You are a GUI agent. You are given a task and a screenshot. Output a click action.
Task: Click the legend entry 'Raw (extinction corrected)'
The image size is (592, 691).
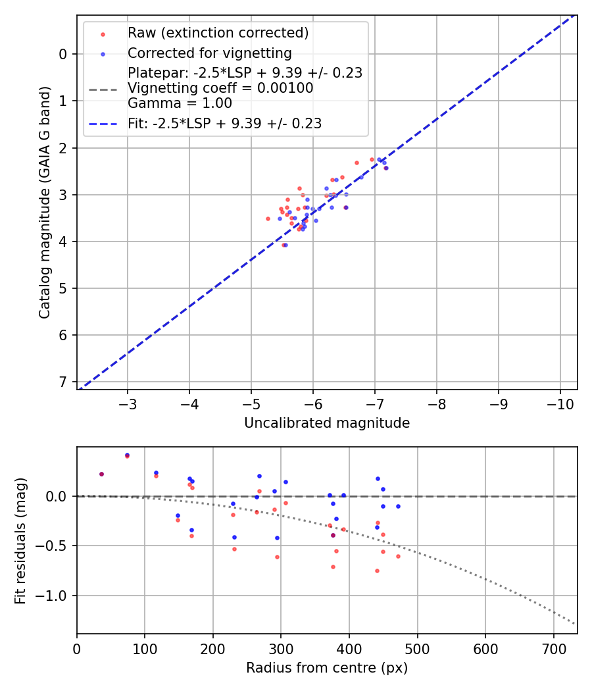(218, 33)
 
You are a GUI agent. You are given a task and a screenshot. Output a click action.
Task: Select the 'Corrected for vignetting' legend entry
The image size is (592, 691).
(209, 53)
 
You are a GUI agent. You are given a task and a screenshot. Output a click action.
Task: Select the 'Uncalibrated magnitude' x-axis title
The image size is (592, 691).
(327, 423)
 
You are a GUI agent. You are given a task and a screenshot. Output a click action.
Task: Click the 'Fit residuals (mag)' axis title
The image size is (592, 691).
(21, 540)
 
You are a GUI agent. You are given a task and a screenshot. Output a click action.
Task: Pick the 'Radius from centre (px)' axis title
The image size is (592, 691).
(327, 668)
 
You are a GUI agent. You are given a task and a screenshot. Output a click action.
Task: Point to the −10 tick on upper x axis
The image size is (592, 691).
(560, 402)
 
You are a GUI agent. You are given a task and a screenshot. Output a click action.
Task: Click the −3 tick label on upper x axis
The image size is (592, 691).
(128, 402)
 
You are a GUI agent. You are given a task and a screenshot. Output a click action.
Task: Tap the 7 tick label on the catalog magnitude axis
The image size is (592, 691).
(62, 382)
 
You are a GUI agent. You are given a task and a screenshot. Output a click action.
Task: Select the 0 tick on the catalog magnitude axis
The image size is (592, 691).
(62, 54)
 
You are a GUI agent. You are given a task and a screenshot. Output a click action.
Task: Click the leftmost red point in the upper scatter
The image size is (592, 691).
(268, 218)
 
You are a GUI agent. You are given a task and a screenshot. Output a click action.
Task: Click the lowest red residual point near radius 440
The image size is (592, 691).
(377, 571)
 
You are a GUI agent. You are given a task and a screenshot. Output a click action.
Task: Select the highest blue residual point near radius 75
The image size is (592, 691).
(127, 455)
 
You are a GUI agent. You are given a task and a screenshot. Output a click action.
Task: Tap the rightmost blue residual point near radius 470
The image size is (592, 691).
(398, 506)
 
